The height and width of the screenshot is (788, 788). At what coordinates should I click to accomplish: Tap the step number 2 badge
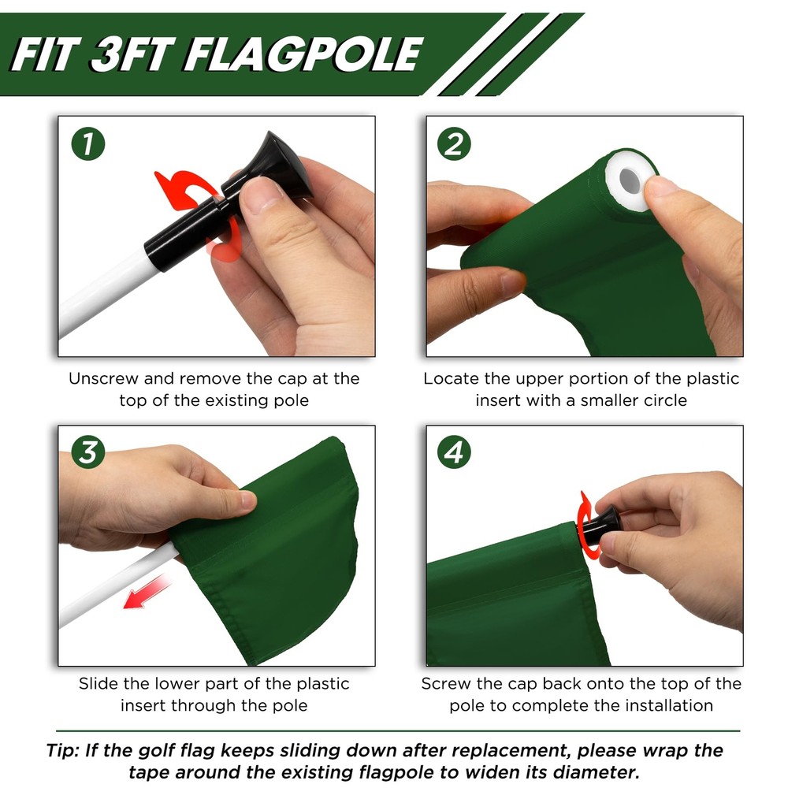click(455, 144)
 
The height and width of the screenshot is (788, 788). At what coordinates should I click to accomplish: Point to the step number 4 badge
click(455, 452)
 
